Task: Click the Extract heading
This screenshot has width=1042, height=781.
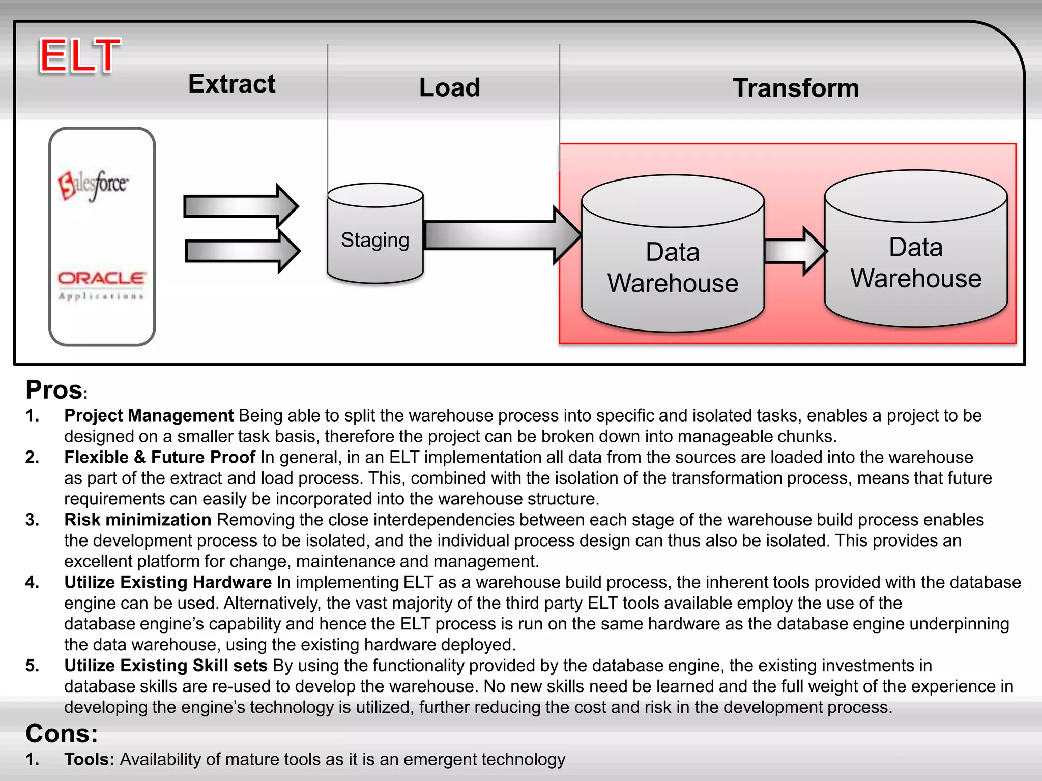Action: [231, 84]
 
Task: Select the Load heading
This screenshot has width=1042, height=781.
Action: [449, 87]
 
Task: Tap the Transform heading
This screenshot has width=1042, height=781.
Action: [796, 88]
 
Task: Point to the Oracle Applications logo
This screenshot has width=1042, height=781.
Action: [101, 285]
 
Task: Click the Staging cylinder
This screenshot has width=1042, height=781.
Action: [375, 234]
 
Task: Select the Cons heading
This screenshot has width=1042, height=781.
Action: [62, 734]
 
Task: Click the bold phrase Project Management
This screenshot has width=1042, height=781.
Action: [149, 416]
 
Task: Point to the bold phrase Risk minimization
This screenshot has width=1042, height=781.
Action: [137, 520]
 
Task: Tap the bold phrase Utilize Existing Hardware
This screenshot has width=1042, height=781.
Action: [168, 582]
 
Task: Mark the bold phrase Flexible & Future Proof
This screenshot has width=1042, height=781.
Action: [159, 457]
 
